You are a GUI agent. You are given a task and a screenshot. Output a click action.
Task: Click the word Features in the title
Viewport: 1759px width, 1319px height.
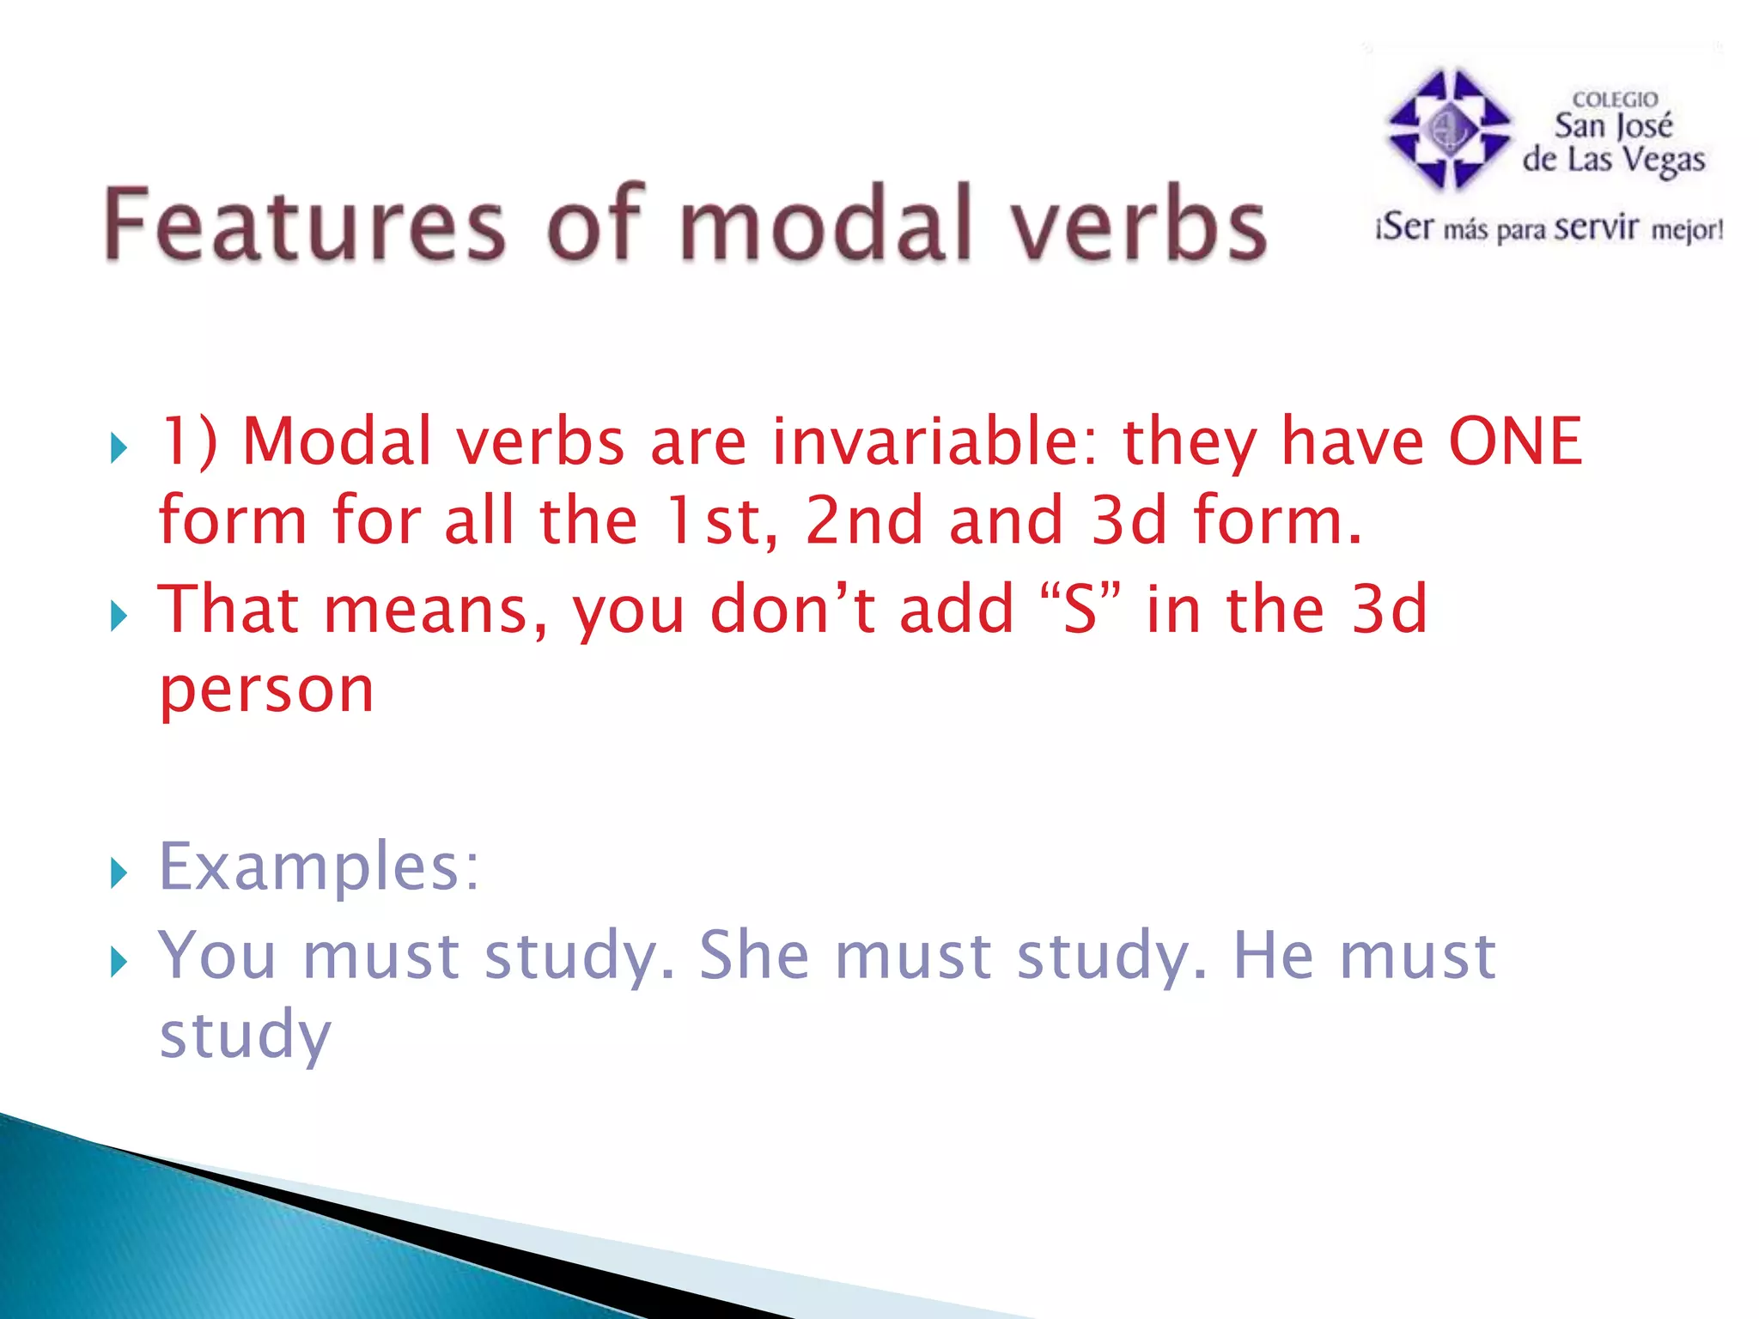(304, 225)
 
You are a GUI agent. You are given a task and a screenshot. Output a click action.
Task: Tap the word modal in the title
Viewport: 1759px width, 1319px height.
(825, 225)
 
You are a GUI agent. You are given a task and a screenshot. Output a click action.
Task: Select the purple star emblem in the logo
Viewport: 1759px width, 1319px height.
(1449, 129)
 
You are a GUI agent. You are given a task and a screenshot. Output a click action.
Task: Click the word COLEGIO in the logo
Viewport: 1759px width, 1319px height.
(1615, 100)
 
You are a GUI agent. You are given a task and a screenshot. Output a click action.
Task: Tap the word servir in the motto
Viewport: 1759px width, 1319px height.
(1596, 228)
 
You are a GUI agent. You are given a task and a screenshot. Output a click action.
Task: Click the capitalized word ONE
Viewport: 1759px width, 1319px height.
(1515, 441)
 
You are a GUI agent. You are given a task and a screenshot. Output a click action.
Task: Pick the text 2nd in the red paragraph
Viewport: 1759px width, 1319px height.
(864, 520)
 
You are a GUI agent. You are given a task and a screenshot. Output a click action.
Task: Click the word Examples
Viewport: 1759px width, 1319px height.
(319, 867)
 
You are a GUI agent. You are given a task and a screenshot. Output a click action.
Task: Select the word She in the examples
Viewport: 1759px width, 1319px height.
(754, 955)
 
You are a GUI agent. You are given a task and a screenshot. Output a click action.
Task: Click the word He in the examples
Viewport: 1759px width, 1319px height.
(1273, 955)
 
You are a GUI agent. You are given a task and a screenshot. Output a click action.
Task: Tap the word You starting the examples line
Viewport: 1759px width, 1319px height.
(217, 955)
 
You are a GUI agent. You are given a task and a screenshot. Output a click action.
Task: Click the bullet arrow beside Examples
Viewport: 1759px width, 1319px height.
(119, 874)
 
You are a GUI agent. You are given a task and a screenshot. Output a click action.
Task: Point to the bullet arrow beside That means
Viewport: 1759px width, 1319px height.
(119, 616)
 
